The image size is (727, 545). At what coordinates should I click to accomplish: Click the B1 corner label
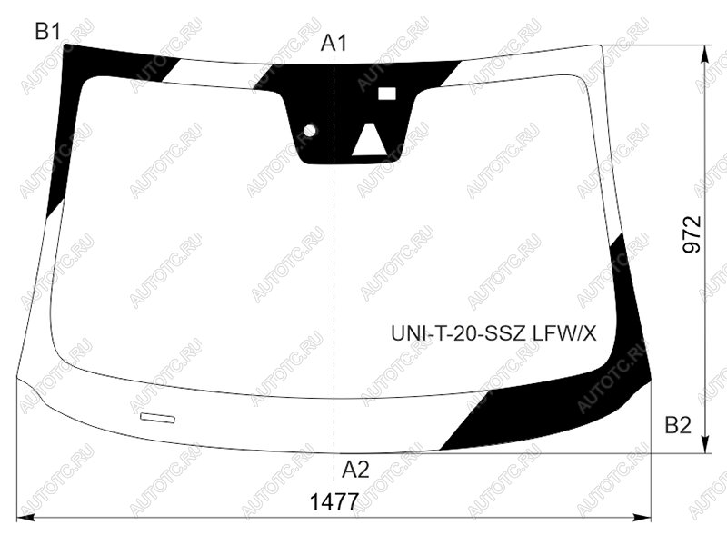(x=47, y=32)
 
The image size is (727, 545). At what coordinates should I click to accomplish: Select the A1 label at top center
(x=334, y=43)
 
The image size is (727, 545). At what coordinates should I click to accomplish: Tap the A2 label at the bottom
(x=355, y=470)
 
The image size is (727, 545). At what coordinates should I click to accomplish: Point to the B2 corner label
(x=678, y=424)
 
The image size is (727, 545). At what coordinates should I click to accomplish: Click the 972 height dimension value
(x=692, y=234)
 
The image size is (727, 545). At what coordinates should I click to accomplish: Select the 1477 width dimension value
(x=334, y=502)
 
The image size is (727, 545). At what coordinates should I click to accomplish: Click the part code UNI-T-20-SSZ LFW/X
(x=493, y=333)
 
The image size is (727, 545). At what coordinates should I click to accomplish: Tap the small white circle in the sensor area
(x=309, y=131)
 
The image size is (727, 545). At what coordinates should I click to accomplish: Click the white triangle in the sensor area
(x=370, y=139)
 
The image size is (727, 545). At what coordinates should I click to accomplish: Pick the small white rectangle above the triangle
(x=387, y=94)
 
